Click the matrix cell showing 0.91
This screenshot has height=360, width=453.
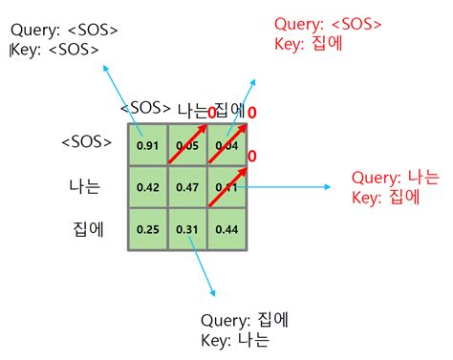tap(146, 146)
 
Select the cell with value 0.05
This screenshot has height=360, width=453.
tap(187, 146)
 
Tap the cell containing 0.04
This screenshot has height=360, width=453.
tap(226, 146)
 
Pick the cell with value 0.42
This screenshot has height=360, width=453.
tap(146, 187)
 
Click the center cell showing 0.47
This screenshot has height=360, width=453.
tap(187, 187)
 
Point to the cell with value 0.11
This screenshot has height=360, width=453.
tap(226, 187)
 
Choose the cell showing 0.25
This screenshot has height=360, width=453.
tap(146, 229)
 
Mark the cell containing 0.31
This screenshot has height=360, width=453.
tap(187, 229)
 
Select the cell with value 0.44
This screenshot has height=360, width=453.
tap(226, 229)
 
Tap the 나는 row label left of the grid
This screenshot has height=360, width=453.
tap(84, 186)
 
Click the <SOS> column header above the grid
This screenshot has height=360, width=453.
tap(146, 108)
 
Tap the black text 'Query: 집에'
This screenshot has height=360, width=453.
tap(247, 321)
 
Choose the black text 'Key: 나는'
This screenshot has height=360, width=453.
tap(235, 340)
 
